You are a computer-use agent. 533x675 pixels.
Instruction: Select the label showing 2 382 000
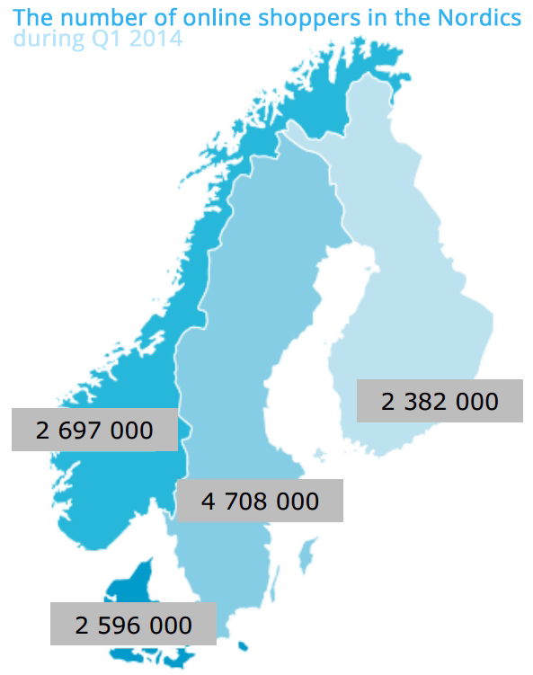click(440, 400)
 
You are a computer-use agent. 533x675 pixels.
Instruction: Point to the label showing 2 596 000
click(133, 624)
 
